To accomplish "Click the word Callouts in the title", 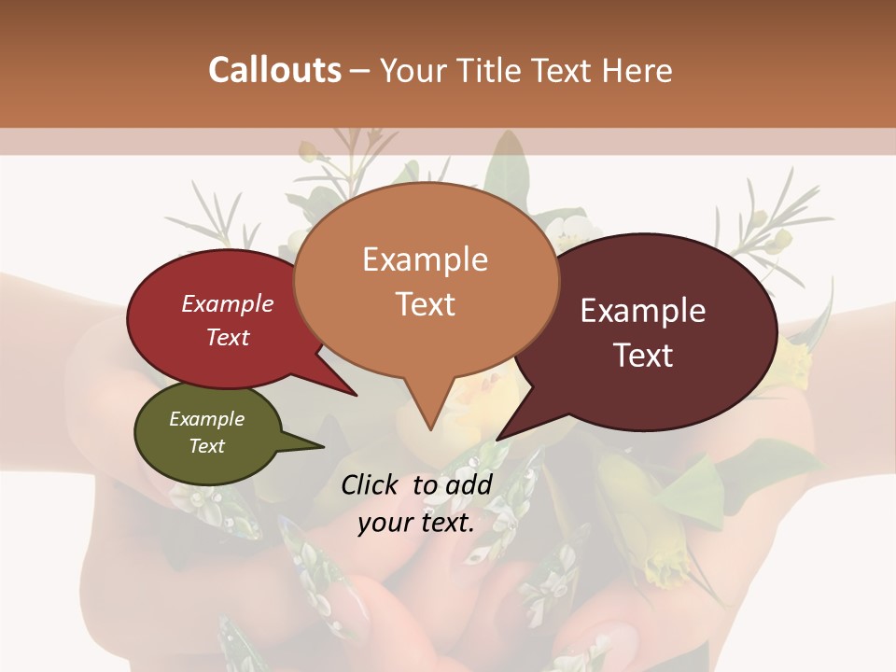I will (273, 71).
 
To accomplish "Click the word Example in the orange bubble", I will (425, 259).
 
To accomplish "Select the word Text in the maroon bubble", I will (644, 356).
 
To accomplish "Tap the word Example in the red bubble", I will (227, 303).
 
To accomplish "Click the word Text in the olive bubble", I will (206, 446).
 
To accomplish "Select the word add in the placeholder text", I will (468, 484).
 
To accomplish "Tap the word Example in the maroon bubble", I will (642, 311).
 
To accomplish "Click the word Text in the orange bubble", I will (425, 304).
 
